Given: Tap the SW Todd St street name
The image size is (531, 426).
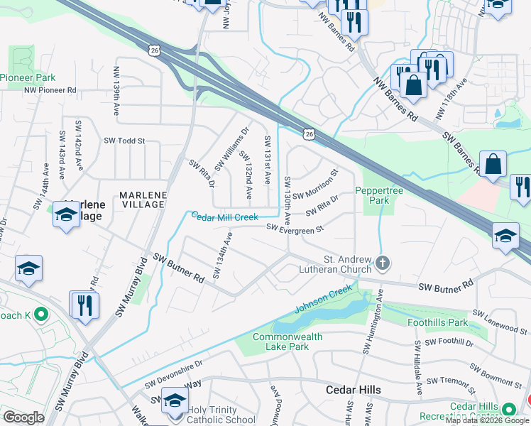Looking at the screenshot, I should pos(124,141).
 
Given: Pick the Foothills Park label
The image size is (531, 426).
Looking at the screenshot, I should pos(438,322).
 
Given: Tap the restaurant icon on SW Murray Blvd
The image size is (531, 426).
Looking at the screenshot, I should pos(84,305).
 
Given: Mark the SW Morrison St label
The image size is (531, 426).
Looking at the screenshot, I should pos(314,184).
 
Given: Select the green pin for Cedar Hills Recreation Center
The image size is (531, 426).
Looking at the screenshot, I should pos(508,410).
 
